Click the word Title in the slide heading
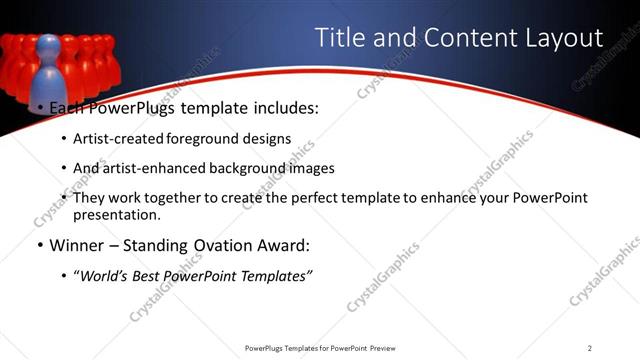(340, 38)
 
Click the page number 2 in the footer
(590, 347)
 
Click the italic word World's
(105, 275)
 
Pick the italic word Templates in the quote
(273, 275)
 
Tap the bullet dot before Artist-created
(64, 140)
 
